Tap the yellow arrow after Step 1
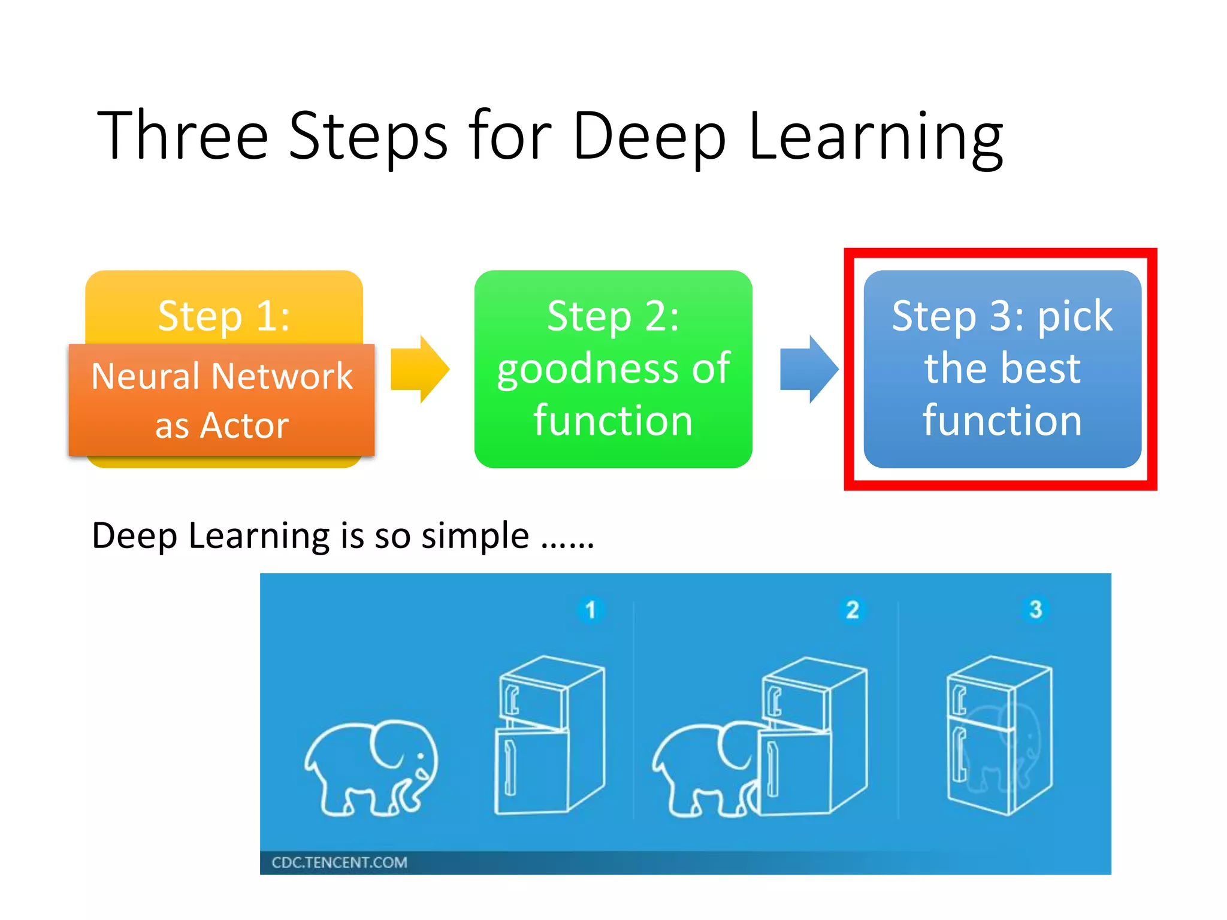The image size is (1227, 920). tap(419, 369)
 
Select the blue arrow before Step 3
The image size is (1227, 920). tap(809, 369)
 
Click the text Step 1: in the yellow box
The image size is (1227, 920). tap(224, 316)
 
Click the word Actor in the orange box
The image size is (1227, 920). tap(244, 425)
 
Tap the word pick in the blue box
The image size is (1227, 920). tap(1075, 316)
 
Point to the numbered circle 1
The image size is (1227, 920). tap(590, 610)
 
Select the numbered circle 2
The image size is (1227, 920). tap(852, 610)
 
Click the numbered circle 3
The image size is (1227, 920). tap(1035, 609)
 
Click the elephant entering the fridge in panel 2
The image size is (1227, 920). tap(704, 770)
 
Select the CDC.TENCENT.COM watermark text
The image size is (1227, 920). tap(339, 862)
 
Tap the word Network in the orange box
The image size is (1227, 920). tap(282, 376)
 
